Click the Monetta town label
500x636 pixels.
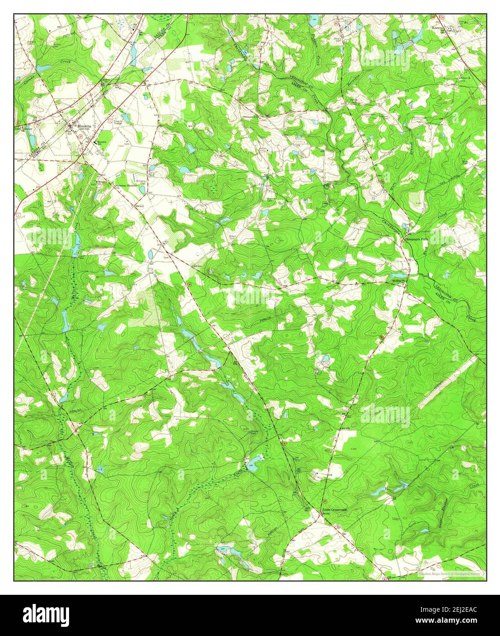click(x=84, y=125)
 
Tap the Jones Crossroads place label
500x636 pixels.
click(x=334, y=509)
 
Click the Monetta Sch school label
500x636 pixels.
click(x=101, y=142)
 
